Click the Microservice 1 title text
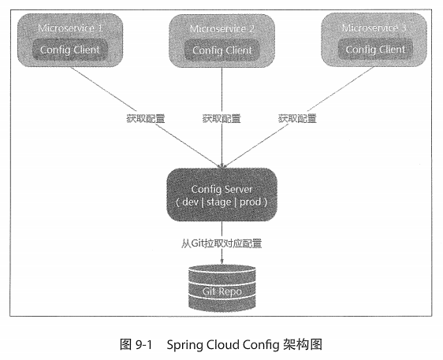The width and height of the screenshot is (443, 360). (x=70, y=28)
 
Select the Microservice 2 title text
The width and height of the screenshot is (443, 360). (x=221, y=28)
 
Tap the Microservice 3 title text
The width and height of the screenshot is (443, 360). (x=374, y=28)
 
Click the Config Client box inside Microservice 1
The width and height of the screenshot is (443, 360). (x=70, y=50)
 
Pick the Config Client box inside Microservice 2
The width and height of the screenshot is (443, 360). (x=221, y=50)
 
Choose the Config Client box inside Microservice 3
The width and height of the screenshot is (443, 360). (x=375, y=50)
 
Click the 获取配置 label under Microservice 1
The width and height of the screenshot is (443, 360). (x=146, y=119)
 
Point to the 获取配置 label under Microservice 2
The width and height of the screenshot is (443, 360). (x=221, y=119)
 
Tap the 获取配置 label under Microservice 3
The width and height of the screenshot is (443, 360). (x=297, y=119)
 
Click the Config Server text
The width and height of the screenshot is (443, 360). (x=221, y=189)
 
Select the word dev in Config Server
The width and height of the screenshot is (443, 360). (x=191, y=202)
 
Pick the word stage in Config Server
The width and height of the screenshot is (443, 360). (x=219, y=202)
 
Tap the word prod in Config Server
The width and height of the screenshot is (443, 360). (x=251, y=202)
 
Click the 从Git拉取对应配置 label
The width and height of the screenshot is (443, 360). (x=221, y=243)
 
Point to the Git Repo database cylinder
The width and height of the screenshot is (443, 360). (x=222, y=288)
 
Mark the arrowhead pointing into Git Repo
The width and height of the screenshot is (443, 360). (x=221, y=262)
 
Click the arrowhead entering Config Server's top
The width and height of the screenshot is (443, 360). (x=221, y=166)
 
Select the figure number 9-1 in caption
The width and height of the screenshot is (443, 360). (x=143, y=345)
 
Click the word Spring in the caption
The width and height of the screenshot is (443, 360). (x=184, y=345)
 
